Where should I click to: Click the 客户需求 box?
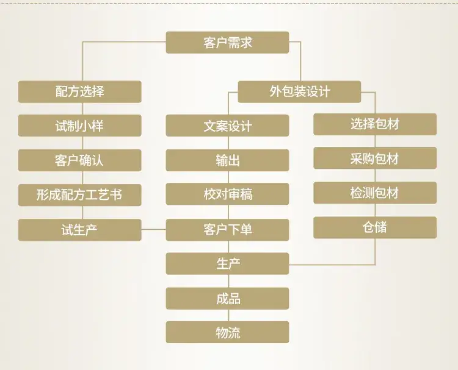(x=227, y=43)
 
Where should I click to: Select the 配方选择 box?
(x=80, y=92)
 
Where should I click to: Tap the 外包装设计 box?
(x=299, y=92)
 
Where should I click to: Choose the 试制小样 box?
(x=80, y=126)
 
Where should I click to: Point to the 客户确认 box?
(x=80, y=160)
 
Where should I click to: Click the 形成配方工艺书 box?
(x=80, y=195)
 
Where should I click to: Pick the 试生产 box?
(x=80, y=230)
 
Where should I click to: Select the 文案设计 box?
(x=227, y=126)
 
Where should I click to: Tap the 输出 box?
(x=227, y=160)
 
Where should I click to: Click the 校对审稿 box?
(x=227, y=194)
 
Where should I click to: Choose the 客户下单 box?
(x=227, y=230)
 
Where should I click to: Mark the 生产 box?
(x=227, y=264)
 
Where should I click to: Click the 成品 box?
(x=227, y=299)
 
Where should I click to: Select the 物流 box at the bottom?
(x=227, y=332)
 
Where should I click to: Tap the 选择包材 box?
(x=375, y=124)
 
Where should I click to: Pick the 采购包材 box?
(x=375, y=158)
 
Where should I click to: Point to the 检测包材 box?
(x=375, y=193)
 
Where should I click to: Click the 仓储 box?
(x=375, y=227)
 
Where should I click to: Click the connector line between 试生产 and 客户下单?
(x=154, y=229)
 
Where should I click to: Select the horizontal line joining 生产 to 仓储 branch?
(x=332, y=265)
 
